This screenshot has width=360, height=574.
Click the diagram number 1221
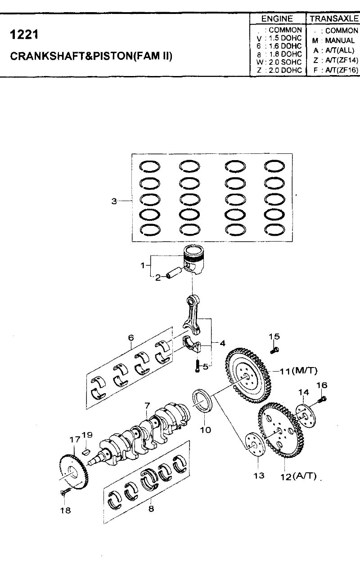point(24,34)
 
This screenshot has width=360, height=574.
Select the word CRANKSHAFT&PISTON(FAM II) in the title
point(91,56)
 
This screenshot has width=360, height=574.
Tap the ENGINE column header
point(277,19)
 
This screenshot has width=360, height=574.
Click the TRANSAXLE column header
point(334,18)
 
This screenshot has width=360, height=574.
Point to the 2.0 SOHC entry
point(285,62)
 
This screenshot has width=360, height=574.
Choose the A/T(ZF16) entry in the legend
point(342,70)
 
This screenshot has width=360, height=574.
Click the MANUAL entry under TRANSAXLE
point(340,40)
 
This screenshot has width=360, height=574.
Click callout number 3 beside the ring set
point(114,201)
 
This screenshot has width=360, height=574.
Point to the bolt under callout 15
point(274,350)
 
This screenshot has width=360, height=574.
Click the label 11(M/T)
point(298,371)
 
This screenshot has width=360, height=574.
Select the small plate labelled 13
point(255,445)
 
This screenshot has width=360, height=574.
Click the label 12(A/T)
point(298,476)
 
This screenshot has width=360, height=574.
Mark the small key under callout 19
point(86,452)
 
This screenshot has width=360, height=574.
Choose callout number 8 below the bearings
point(151,508)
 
